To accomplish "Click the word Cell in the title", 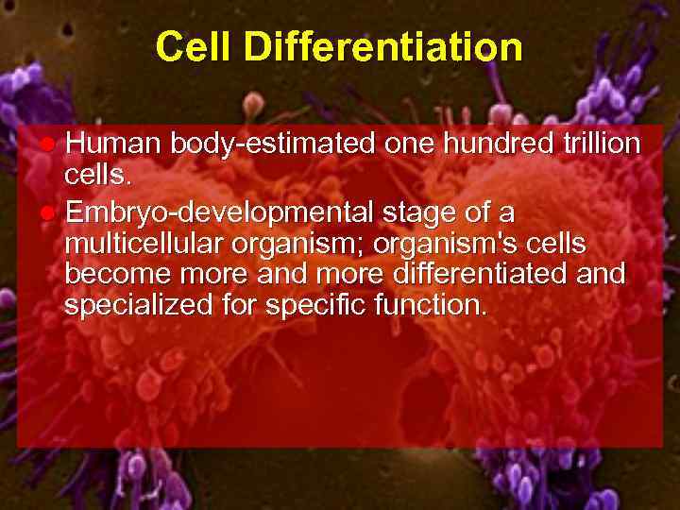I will coord(188,46).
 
